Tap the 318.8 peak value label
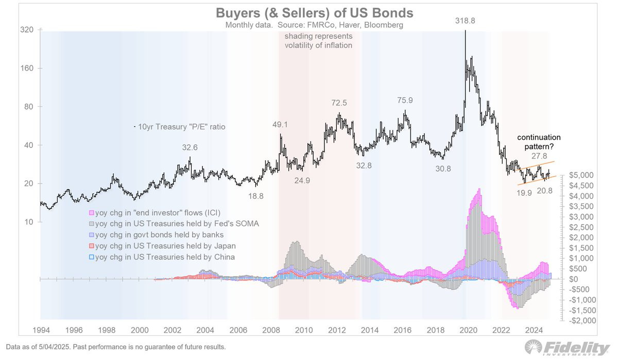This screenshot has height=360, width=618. click(x=465, y=21)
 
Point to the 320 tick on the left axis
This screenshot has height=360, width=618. click(x=27, y=30)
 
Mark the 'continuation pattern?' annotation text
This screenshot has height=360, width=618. click(x=539, y=142)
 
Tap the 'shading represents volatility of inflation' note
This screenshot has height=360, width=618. click(x=319, y=41)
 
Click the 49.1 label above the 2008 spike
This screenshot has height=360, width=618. click(x=281, y=124)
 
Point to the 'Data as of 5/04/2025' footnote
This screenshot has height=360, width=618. click(x=116, y=347)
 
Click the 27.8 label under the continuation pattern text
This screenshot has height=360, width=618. click(x=539, y=156)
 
